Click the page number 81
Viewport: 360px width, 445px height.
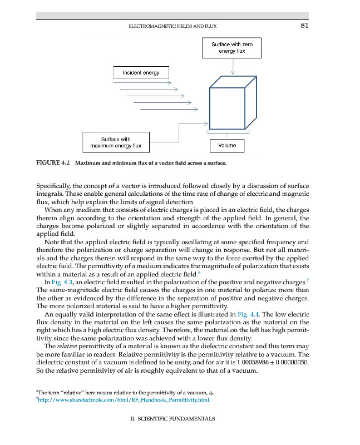[x=304, y=26]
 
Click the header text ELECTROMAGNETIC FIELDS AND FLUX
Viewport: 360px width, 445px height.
[x=172, y=26]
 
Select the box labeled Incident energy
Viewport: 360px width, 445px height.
[x=140, y=72]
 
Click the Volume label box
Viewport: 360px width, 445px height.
[x=227, y=145]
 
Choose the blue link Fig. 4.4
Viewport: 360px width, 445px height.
[x=248, y=314]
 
